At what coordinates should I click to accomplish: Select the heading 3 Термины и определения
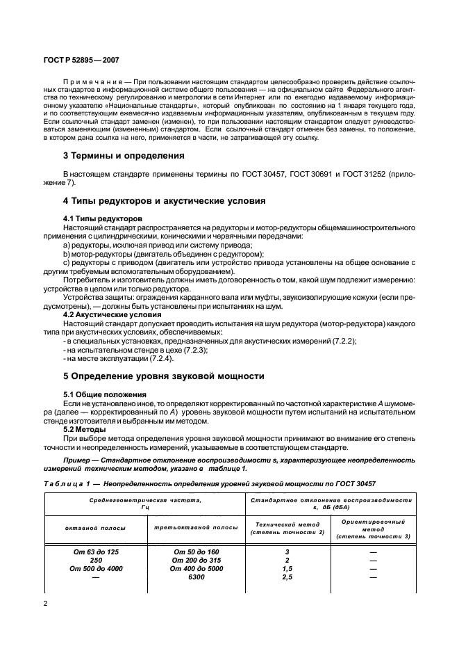(124, 155)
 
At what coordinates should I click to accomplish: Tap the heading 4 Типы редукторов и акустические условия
(164, 201)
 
